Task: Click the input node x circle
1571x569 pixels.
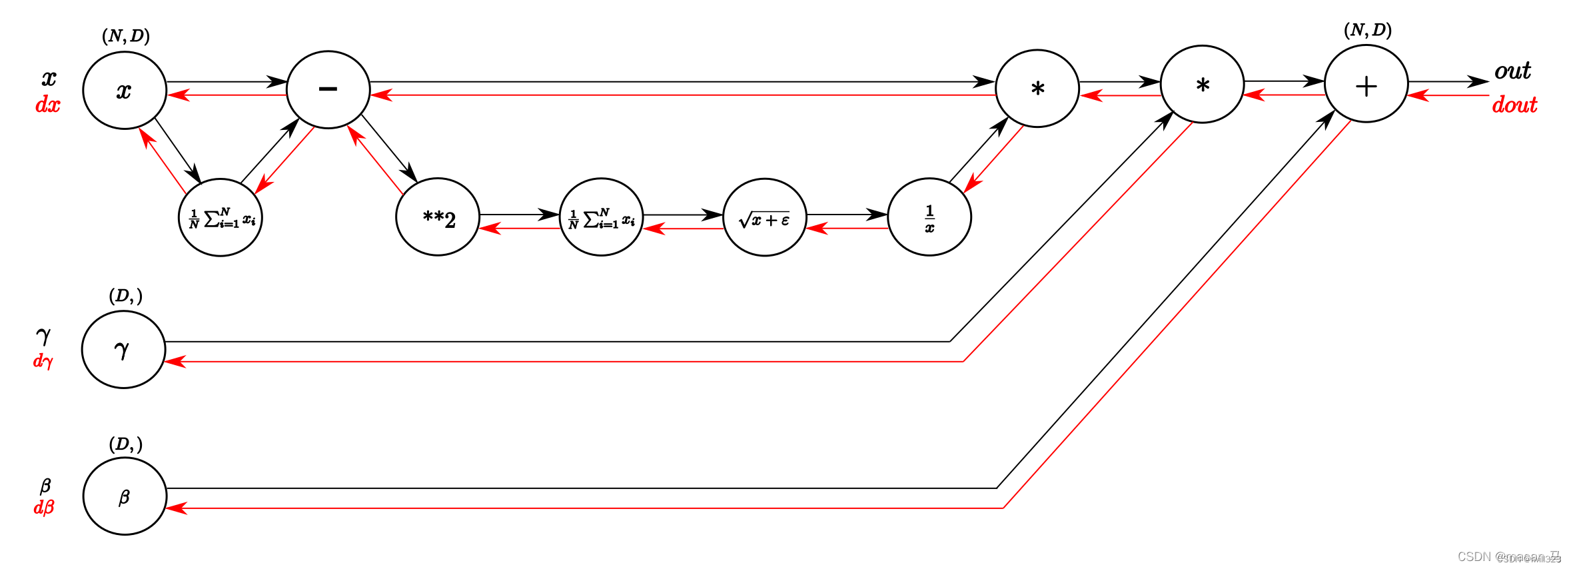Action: [125, 90]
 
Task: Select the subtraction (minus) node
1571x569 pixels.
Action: [328, 89]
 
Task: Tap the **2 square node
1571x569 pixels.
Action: [438, 217]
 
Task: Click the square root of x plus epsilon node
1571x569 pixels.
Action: [765, 217]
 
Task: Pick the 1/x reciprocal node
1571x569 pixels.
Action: [929, 217]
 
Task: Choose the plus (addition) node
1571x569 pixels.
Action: [1366, 84]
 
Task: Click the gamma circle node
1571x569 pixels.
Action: [123, 349]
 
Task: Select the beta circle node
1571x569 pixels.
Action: [125, 496]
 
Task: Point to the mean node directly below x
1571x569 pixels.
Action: [221, 217]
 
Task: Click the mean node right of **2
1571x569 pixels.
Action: [601, 217]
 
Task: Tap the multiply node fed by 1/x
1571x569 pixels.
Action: [1037, 89]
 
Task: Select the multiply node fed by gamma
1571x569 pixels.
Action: [1202, 85]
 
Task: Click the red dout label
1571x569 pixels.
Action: [1514, 105]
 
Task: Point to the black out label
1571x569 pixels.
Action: [1512, 71]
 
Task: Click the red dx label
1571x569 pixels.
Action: [47, 105]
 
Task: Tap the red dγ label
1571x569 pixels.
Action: [43, 360]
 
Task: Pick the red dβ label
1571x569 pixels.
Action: [43, 507]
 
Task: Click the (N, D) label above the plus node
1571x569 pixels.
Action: [1367, 30]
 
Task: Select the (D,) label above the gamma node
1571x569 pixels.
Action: [125, 295]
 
